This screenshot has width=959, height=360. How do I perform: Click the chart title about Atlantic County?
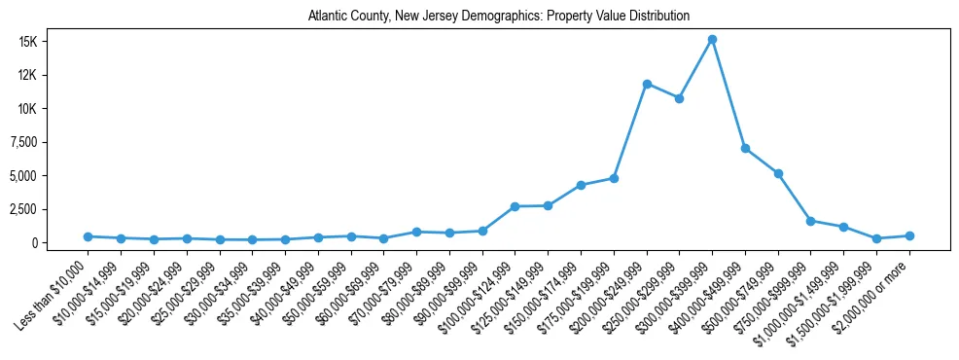[x=499, y=17]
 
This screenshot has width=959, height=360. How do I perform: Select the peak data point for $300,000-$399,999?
[x=712, y=39]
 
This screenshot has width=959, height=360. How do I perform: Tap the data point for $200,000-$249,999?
[x=647, y=84]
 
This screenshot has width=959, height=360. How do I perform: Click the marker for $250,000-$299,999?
[x=679, y=98]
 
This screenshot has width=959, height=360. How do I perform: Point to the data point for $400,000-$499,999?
[x=745, y=148]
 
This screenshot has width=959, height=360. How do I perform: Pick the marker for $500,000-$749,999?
[x=778, y=173]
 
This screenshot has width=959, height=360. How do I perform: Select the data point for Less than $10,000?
[x=88, y=236]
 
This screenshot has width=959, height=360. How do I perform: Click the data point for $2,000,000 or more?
[x=909, y=235]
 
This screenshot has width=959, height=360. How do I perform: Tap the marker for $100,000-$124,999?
[x=515, y=206]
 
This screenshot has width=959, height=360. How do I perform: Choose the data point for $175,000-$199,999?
[x=614, y=178]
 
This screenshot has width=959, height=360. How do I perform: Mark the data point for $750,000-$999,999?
[x=811, y=221]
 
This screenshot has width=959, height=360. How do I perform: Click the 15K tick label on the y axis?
[x=52, y=42]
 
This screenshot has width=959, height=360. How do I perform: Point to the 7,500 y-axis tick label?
[x=47, y=142]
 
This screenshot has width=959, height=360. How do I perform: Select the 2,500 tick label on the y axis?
[x=47, y=209]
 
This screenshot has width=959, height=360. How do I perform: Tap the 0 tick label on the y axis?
[x=60, y=242]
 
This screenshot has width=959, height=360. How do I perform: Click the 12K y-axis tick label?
[x=52, y=75]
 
